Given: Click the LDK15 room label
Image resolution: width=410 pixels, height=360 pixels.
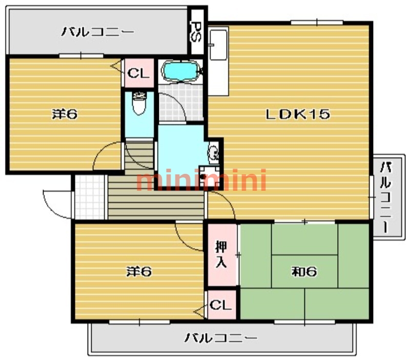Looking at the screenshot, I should [x=297, y=114].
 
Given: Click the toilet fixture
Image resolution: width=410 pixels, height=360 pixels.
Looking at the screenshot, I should [x=139, y=104].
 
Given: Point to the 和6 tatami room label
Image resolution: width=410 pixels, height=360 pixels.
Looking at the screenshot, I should [x=304, y=271].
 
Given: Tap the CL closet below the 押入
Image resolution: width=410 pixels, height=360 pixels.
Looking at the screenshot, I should [x=221, y=305].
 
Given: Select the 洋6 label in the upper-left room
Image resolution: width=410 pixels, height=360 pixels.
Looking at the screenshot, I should [x=65, y=114].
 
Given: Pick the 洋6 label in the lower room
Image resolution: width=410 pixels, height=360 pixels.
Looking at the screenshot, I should [x=139, y=271].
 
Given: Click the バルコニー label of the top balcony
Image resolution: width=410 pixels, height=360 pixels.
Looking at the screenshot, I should [x=98, y=32].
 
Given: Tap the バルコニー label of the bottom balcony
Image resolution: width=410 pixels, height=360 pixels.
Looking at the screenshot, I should [x=221, y=338].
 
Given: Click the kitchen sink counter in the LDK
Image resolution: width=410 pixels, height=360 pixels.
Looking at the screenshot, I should [x=218, y=62].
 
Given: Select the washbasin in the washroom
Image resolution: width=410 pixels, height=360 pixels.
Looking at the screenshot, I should [x=213, y=152].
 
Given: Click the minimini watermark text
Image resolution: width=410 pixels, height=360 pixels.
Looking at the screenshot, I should [x=201, y=181].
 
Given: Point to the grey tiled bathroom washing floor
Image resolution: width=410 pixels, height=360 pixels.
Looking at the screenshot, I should [x=171, y=103].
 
